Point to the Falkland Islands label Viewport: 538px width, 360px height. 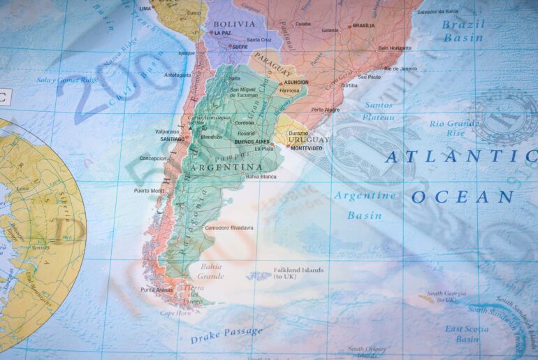coord(299,271)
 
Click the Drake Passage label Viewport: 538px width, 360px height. coord(226,335)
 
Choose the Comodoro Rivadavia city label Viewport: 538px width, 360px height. coord(229,228)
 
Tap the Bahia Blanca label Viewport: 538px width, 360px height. coord(261,176)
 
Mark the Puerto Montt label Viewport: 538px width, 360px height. coord(149,190)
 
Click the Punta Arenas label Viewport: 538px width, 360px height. coord(157,289)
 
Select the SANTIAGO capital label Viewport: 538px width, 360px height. coord(172,139)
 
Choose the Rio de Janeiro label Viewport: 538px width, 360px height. coord(400,69)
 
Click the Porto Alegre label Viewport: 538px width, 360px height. coord(327,110)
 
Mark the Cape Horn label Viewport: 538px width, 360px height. coord(175,313)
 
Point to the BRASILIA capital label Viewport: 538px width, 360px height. coord(363,26)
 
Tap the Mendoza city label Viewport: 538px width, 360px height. coord(211,136)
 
